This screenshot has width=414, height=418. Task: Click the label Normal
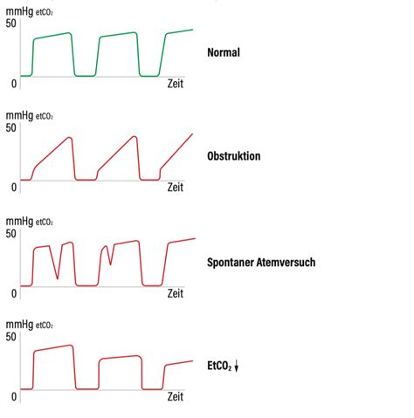pos(224,52)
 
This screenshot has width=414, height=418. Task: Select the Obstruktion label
pos(234,156)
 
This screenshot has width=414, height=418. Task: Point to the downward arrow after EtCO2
pos(237,366)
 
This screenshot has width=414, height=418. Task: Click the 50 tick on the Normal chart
pos(10,24)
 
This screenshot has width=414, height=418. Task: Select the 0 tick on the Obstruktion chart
pos(14,188)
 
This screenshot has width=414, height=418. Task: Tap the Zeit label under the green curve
pos(176,84)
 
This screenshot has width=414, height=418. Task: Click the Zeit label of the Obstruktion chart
pos(176,187)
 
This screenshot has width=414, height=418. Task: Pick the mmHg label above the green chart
pos(19,12)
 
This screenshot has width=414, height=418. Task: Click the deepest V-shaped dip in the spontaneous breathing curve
pos(58,278)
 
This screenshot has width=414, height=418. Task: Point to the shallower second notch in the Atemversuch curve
pos(110,264)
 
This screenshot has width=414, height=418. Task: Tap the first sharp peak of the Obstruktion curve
pos(70,138)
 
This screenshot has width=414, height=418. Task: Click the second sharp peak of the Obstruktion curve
pos(135,136)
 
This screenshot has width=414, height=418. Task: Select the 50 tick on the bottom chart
pos(10,337)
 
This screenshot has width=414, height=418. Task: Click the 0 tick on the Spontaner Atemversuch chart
pos(14,293)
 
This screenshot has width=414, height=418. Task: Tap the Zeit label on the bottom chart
pos(176,396)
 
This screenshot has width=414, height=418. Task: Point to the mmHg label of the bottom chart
pos(19,325)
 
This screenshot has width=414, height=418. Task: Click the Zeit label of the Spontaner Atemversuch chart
pos(176,293)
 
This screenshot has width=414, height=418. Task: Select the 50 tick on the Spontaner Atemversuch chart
pos(10,234)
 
